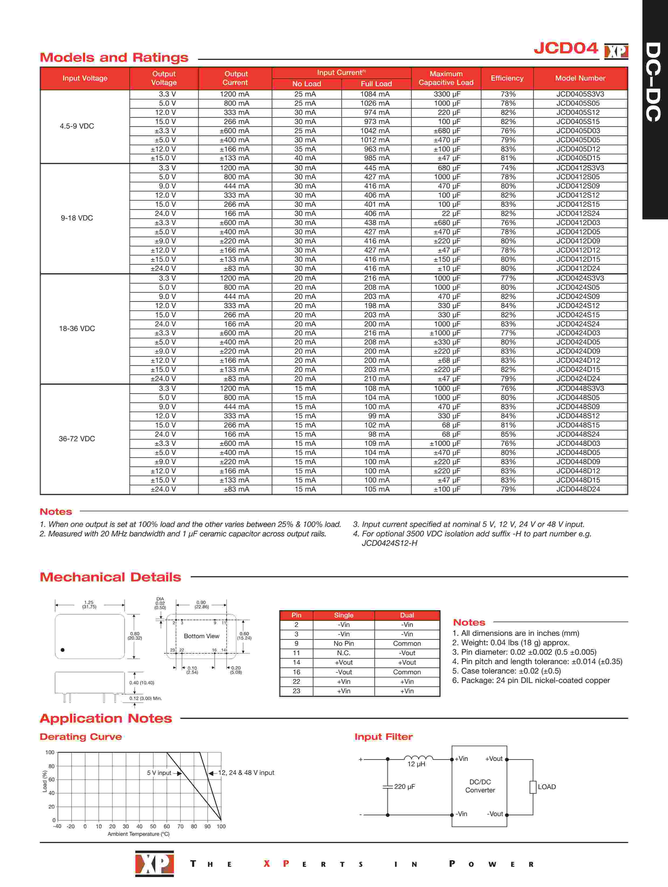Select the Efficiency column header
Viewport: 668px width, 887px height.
[x=507, y=78]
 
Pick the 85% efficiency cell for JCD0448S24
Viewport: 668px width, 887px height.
[x=508, y=434]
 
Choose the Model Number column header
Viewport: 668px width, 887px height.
[x=580, y=78]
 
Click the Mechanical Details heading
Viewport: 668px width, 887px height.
[x=110, y=577]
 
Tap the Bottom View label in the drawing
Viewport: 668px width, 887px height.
[x=201, y=636]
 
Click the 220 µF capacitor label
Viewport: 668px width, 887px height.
[x=404, y=787]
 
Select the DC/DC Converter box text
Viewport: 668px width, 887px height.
[x=480, y=786]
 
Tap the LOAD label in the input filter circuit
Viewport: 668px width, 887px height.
[x=546, y=787]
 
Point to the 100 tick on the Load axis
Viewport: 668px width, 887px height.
[x=50, y=752]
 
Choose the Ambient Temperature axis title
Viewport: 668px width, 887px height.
[x=138, y=834]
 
